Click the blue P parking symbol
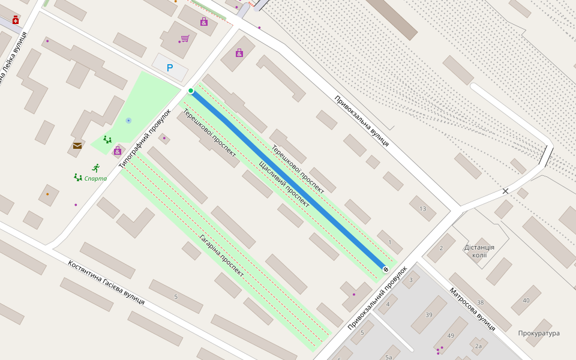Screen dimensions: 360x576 (x=170, y=68)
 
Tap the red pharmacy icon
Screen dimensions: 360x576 (x=16, y=20)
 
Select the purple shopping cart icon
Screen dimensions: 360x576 (x=185, y=38)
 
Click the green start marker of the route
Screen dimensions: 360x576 (x=191, y=91)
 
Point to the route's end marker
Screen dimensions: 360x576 (x=385, y=269)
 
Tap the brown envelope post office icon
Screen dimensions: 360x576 (x=77, y=145)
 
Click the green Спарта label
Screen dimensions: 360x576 (x=95, y=178)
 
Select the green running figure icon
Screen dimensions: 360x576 (x=95, y=167)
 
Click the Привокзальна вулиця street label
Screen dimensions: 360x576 (x=362, y=121)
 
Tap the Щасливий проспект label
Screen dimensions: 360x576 (x=284, y=184)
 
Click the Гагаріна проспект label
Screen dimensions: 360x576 (x=221, y=255)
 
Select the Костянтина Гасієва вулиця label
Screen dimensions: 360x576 (x=106, y=282)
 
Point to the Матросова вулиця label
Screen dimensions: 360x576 (x=472, y=308)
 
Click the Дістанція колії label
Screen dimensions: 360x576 (x=479, y=251)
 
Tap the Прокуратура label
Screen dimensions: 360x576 (x=539, y=333)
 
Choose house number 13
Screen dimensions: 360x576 (x=423, y=209)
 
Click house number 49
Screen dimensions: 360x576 (x=451, y=335)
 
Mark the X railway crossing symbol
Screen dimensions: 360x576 (x=505, y=191)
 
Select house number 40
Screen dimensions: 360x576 (x=526, y=300)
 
